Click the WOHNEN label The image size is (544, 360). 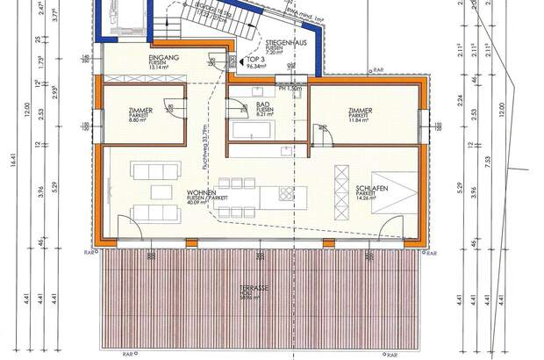click(201, 192)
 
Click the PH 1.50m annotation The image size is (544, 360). click(290, 89)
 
